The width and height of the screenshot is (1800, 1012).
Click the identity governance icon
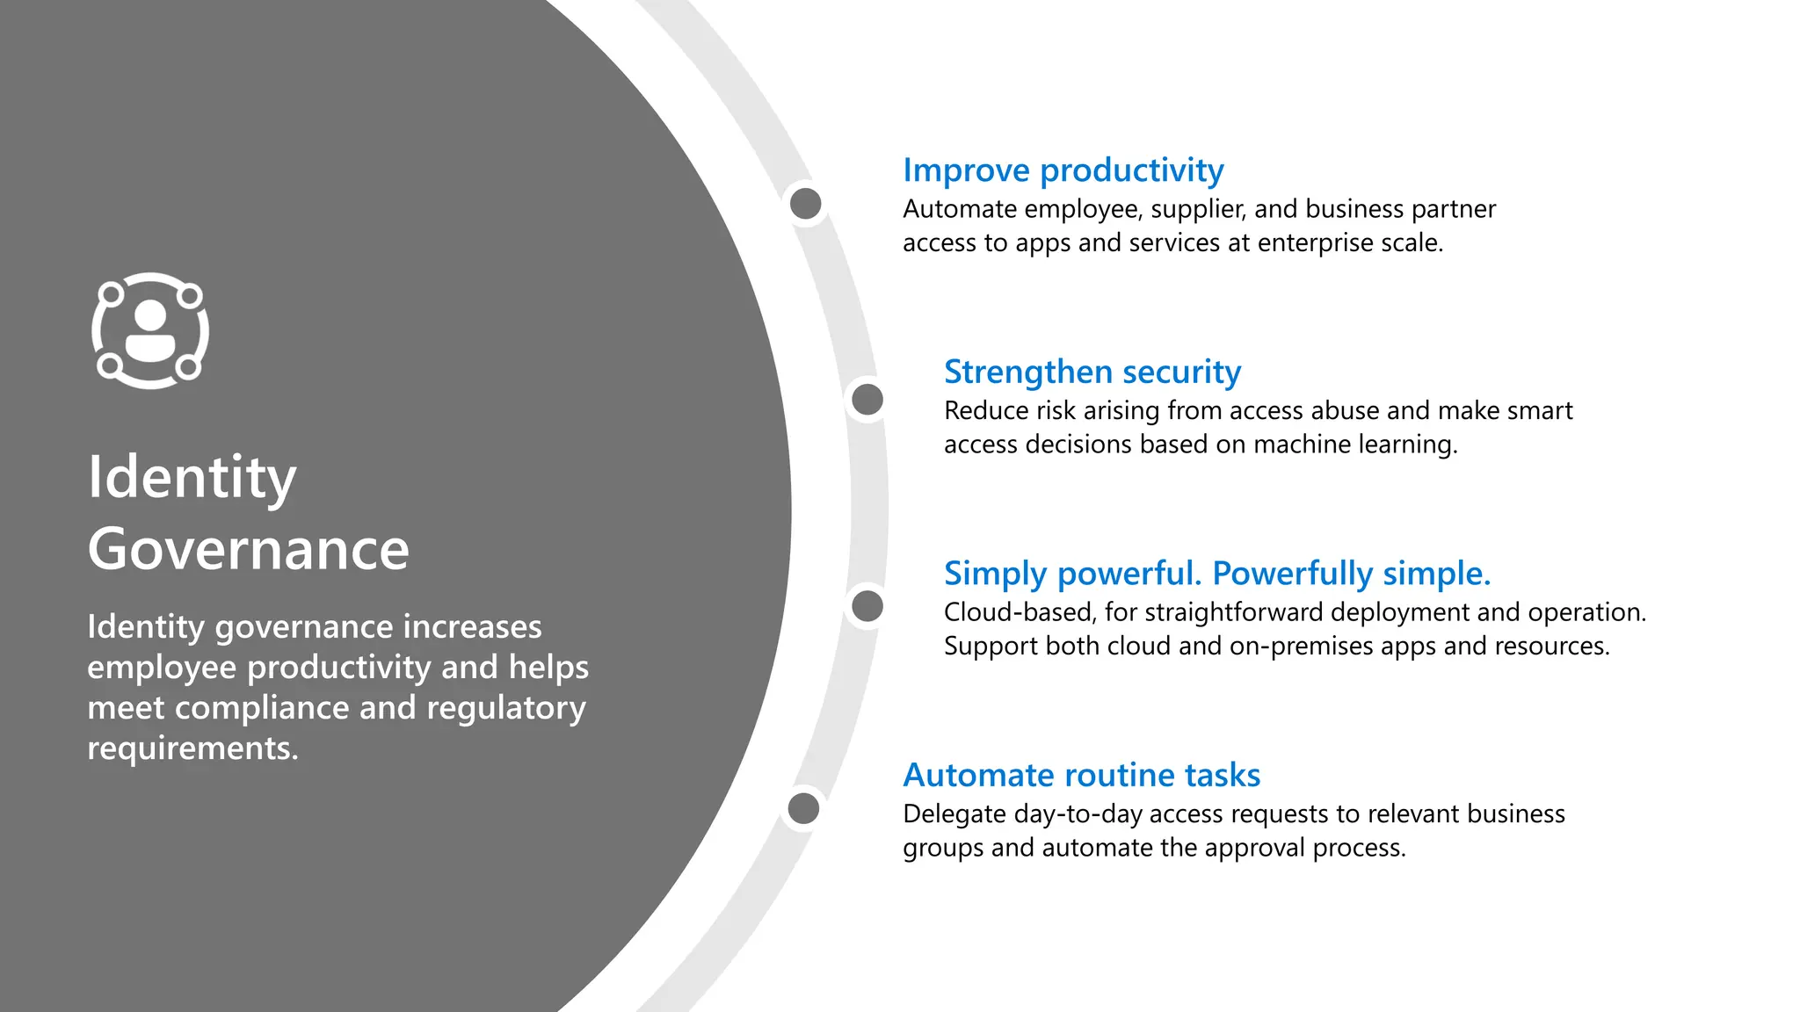point(150,330)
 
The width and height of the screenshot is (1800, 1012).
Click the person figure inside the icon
point(150,331)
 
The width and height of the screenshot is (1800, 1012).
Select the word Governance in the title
point(248,549)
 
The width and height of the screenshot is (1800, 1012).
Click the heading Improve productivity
point(1063,170)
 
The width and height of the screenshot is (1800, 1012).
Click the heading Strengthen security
point(1092,372)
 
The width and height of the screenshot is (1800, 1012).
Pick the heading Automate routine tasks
point(1081,775)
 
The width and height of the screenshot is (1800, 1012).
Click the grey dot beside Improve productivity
point(805,204)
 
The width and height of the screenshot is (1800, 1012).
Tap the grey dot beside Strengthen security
point(867,400)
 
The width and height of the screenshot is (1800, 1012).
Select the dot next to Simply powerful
point(867,605)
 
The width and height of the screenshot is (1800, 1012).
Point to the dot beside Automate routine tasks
point(803,808)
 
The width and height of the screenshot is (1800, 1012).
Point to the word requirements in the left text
point(192,748)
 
